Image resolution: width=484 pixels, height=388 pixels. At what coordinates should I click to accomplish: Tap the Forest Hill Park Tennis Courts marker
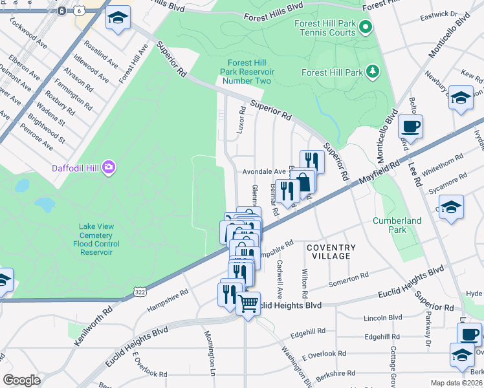[x=366, y=27]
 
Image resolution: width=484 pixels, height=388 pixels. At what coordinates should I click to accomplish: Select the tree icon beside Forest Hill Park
[x=373, y=70]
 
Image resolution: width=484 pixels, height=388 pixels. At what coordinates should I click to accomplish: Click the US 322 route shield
[x=139, y=292]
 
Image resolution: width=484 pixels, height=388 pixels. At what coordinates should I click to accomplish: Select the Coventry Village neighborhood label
[x=331, y=252]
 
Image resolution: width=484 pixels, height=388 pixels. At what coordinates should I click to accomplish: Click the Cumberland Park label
[x=397, y=225]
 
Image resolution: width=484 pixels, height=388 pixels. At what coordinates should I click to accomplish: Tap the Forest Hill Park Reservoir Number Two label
[x=248, y=72]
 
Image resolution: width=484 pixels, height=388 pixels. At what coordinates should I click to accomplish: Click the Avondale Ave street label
[x=264, y=172]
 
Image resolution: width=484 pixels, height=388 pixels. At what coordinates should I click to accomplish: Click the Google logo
[x=21, y=380]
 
